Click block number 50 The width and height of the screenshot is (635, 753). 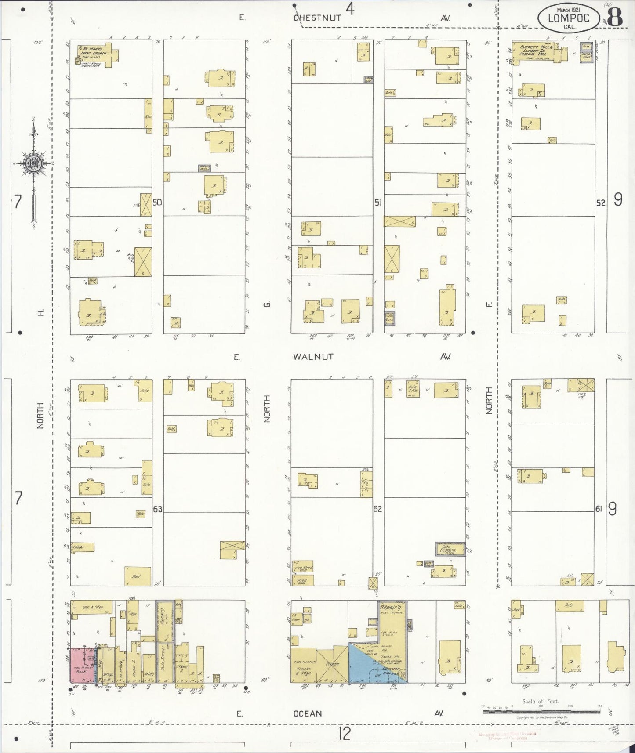157,203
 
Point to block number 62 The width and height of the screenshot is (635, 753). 377,509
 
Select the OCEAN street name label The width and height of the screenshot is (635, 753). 308,713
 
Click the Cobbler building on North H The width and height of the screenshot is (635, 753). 83,547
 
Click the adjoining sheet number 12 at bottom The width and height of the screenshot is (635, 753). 345,733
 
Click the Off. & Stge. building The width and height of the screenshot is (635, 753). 92,607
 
